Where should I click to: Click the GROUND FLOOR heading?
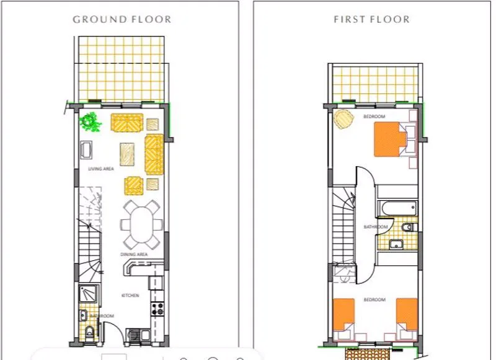click(122, 19)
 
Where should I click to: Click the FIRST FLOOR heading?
click(371, 19)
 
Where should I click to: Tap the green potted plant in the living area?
click(90, 121)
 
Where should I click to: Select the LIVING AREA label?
click(101, 169)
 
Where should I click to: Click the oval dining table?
click(141, 225)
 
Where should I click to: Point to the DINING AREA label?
click(134, 254)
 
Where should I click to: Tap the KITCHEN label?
click(130, 295)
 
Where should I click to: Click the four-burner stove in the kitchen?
click(157, 309)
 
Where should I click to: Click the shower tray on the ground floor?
click(88, 294)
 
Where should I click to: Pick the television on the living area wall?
click(86, 150)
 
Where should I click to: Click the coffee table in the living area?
click(127, 154)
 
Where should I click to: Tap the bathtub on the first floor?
click(398, 208)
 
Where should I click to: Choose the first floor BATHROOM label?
click(376, 227)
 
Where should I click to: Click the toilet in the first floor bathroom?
click(408, 227)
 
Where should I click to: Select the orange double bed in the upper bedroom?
click(390, 139)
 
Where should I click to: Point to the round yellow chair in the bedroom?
click(344, 119)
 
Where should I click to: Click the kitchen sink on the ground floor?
click(138, 335)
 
